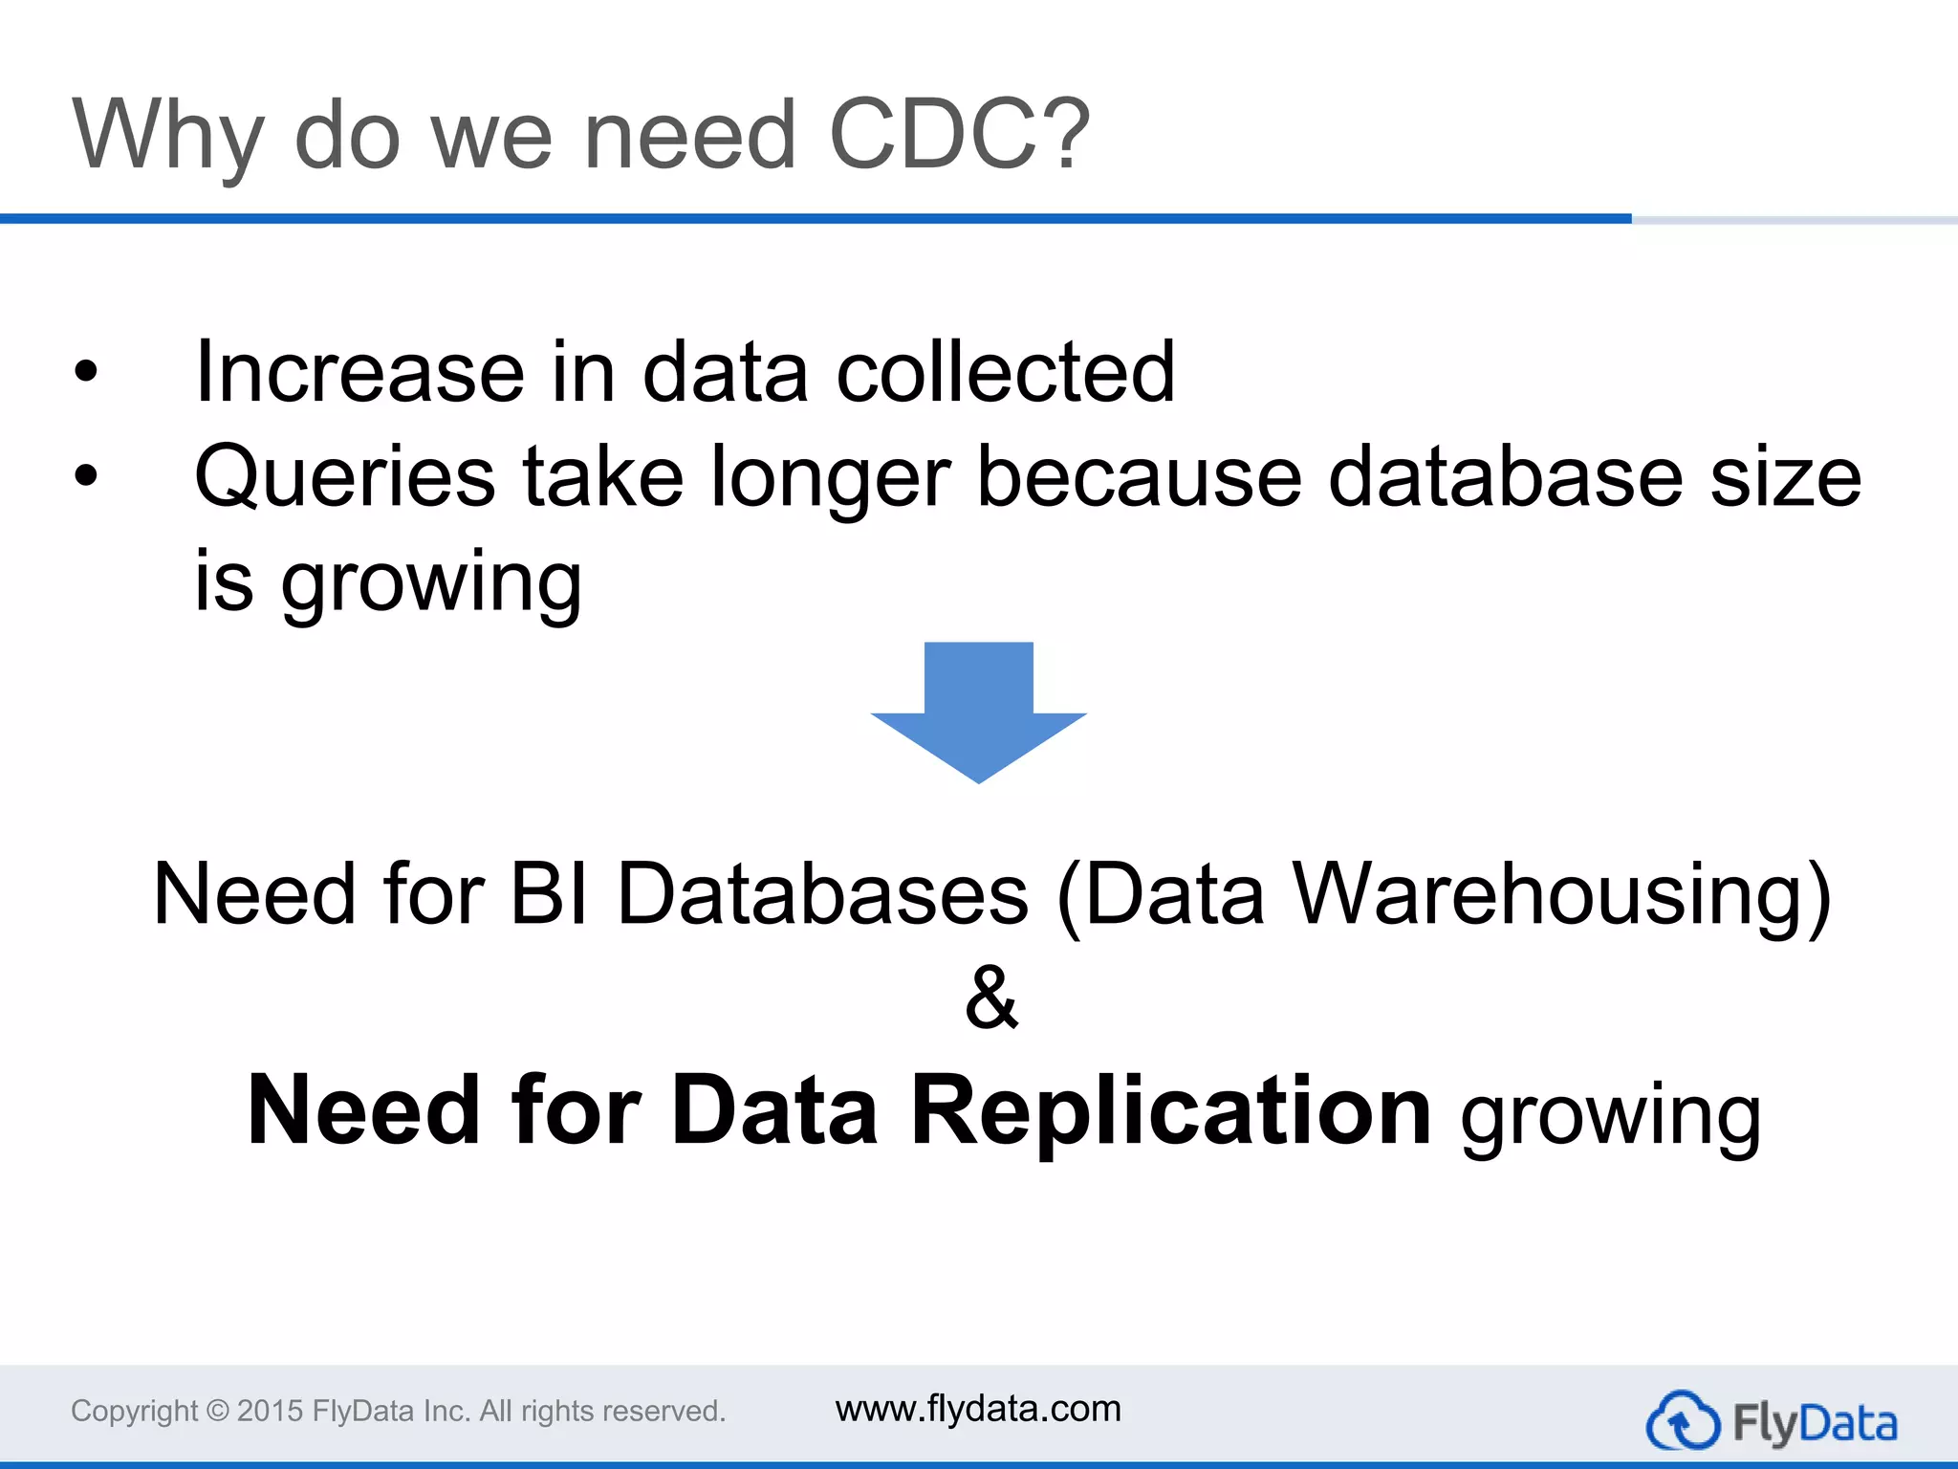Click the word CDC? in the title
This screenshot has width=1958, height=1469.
959,136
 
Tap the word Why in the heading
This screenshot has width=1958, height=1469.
168,136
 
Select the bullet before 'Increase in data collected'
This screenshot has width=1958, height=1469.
86,372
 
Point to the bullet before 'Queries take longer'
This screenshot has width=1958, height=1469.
86,476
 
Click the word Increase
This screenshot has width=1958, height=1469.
359,372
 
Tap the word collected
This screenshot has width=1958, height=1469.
1006,372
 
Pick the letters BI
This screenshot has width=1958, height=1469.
549,893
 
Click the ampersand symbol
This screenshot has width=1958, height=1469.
991,997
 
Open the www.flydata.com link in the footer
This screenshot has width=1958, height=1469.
978,1409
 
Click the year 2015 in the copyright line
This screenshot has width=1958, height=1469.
270,1411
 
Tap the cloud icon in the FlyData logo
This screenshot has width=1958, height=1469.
1683,1421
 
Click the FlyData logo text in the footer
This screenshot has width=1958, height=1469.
1815,1423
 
